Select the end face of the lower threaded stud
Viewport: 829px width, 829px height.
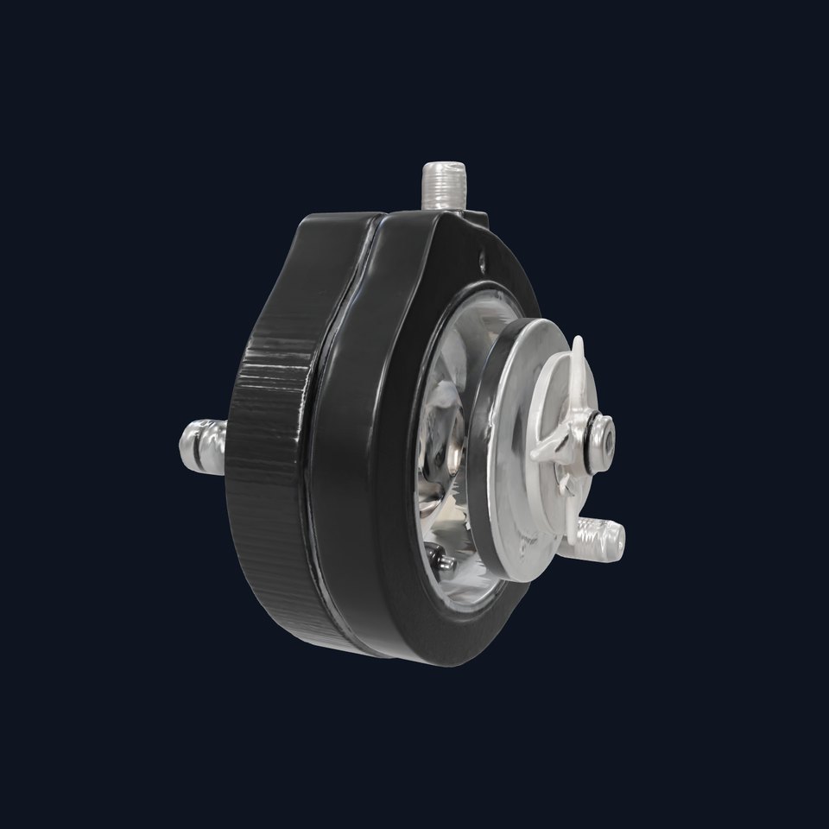[x=619, y=541]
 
